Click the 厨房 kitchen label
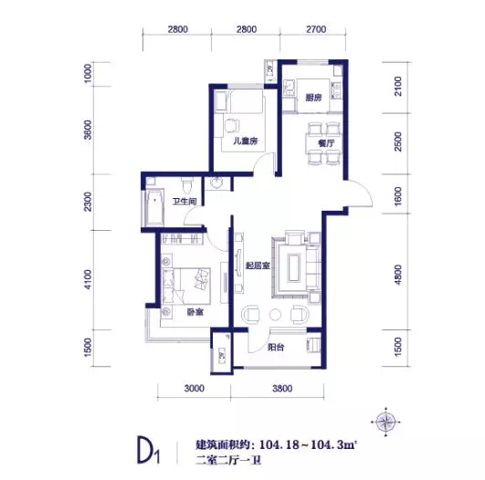(313, 98)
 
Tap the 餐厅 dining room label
(326, 143)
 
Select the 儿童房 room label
(246, 141)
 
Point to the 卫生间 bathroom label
(185, 202)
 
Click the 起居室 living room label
(258, 266)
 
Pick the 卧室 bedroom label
(195, 312)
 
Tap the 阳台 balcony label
(276, 348)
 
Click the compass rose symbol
(386, 422)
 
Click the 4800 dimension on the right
(398, 275)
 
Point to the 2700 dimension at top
(316, 29)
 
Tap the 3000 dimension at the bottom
(195, 388)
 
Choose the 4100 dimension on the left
(88, 280)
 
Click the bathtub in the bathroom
(154, 208)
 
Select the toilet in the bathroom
(187, 186)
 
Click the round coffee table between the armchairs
(275, 315)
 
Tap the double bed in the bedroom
(186, 287)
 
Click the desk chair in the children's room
(231, 126)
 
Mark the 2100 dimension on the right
(398, 86)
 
